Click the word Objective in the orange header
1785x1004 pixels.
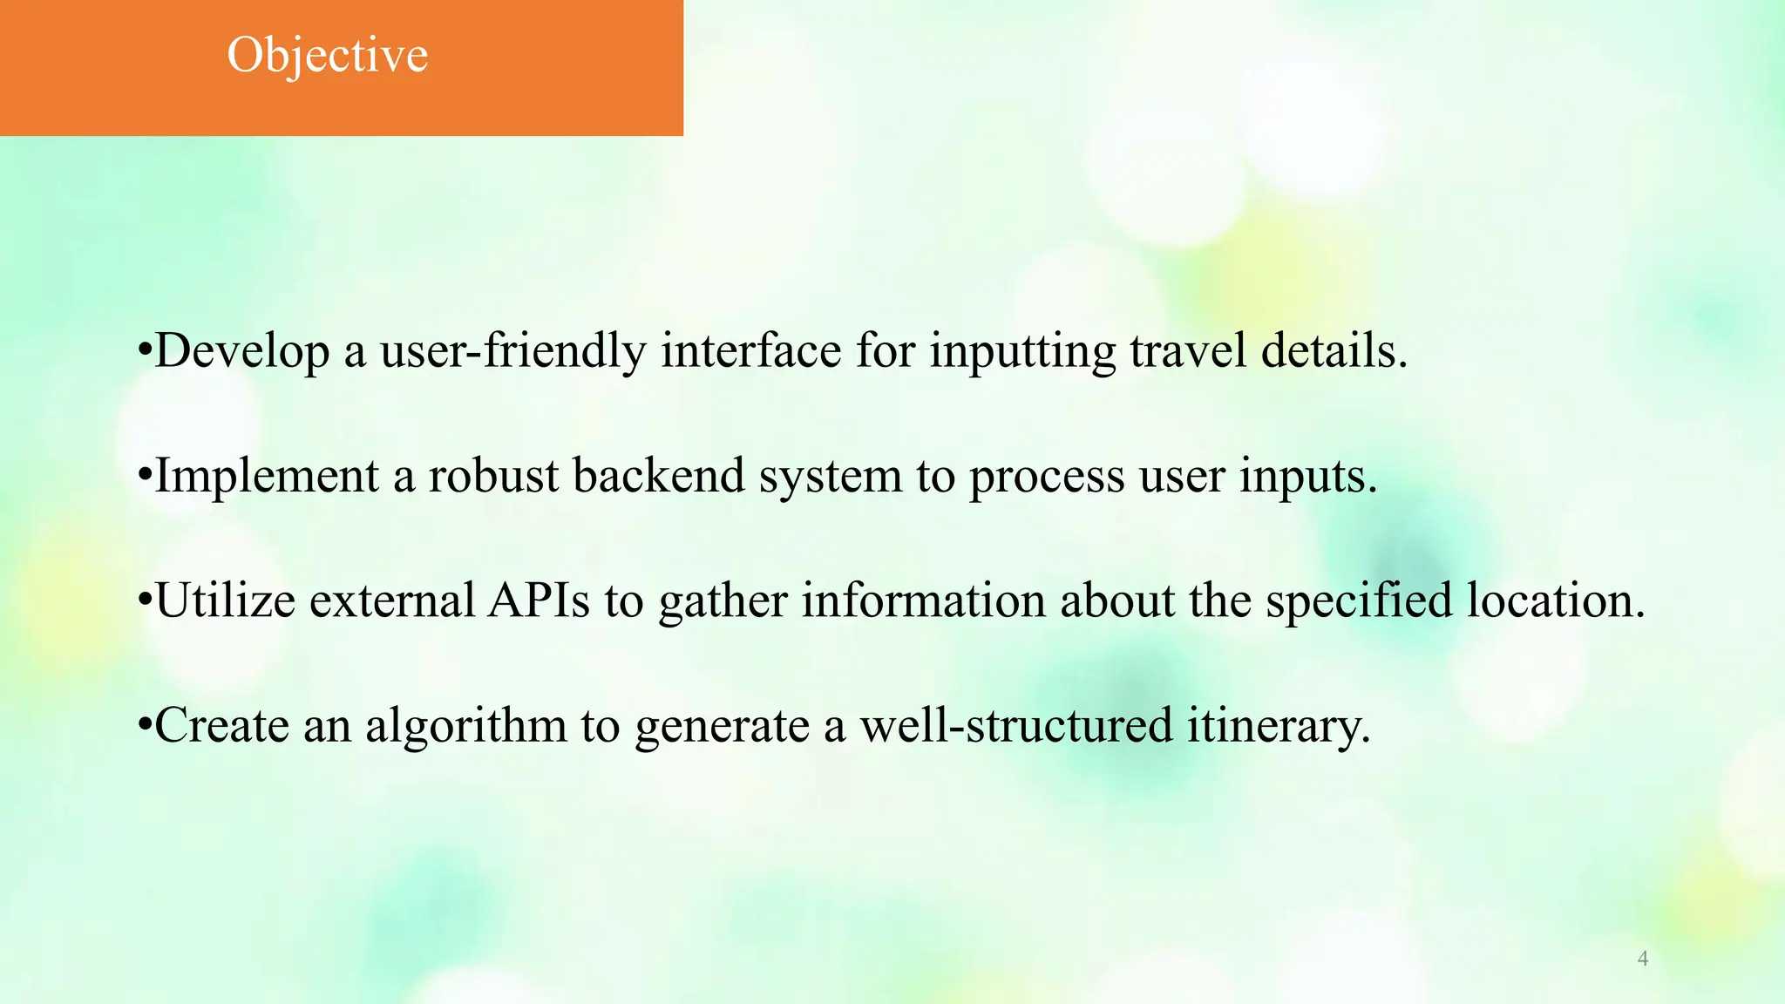328,56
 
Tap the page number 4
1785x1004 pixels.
1643,959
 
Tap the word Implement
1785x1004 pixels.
267,476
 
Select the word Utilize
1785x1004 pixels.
226,600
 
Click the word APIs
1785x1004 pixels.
539,600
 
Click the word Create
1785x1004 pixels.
221,725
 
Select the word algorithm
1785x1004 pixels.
465,727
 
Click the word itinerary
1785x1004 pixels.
1278,727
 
